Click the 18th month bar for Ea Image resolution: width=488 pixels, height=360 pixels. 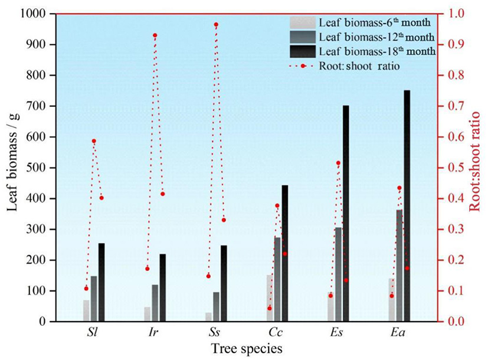407,206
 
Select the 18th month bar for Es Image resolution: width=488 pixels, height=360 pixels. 346,214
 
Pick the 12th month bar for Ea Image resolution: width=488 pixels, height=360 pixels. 399,266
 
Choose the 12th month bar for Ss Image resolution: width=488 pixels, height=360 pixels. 216,307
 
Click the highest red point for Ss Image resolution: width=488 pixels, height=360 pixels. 216,25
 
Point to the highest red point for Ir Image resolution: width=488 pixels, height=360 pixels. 155,35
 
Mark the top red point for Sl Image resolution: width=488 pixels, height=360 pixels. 94,141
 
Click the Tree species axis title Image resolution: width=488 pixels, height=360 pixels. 246,349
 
